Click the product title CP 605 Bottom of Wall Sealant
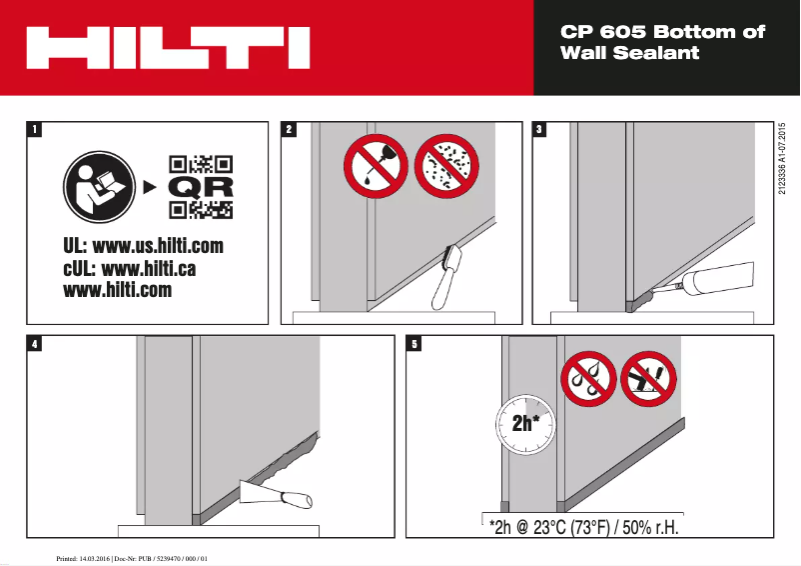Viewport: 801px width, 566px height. (662, 42)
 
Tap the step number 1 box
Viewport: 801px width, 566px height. (36, 129)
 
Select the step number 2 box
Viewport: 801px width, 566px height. (290, 129)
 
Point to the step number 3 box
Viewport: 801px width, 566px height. (540, 129)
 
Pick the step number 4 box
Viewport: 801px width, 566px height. (36, 344)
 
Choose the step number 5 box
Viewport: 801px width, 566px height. (414, 344)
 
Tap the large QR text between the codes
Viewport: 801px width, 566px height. (201, 187)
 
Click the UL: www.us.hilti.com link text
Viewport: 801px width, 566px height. (143, 246)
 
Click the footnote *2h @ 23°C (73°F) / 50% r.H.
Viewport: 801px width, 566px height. (585, 527)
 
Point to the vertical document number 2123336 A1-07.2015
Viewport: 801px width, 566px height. (783, 160)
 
